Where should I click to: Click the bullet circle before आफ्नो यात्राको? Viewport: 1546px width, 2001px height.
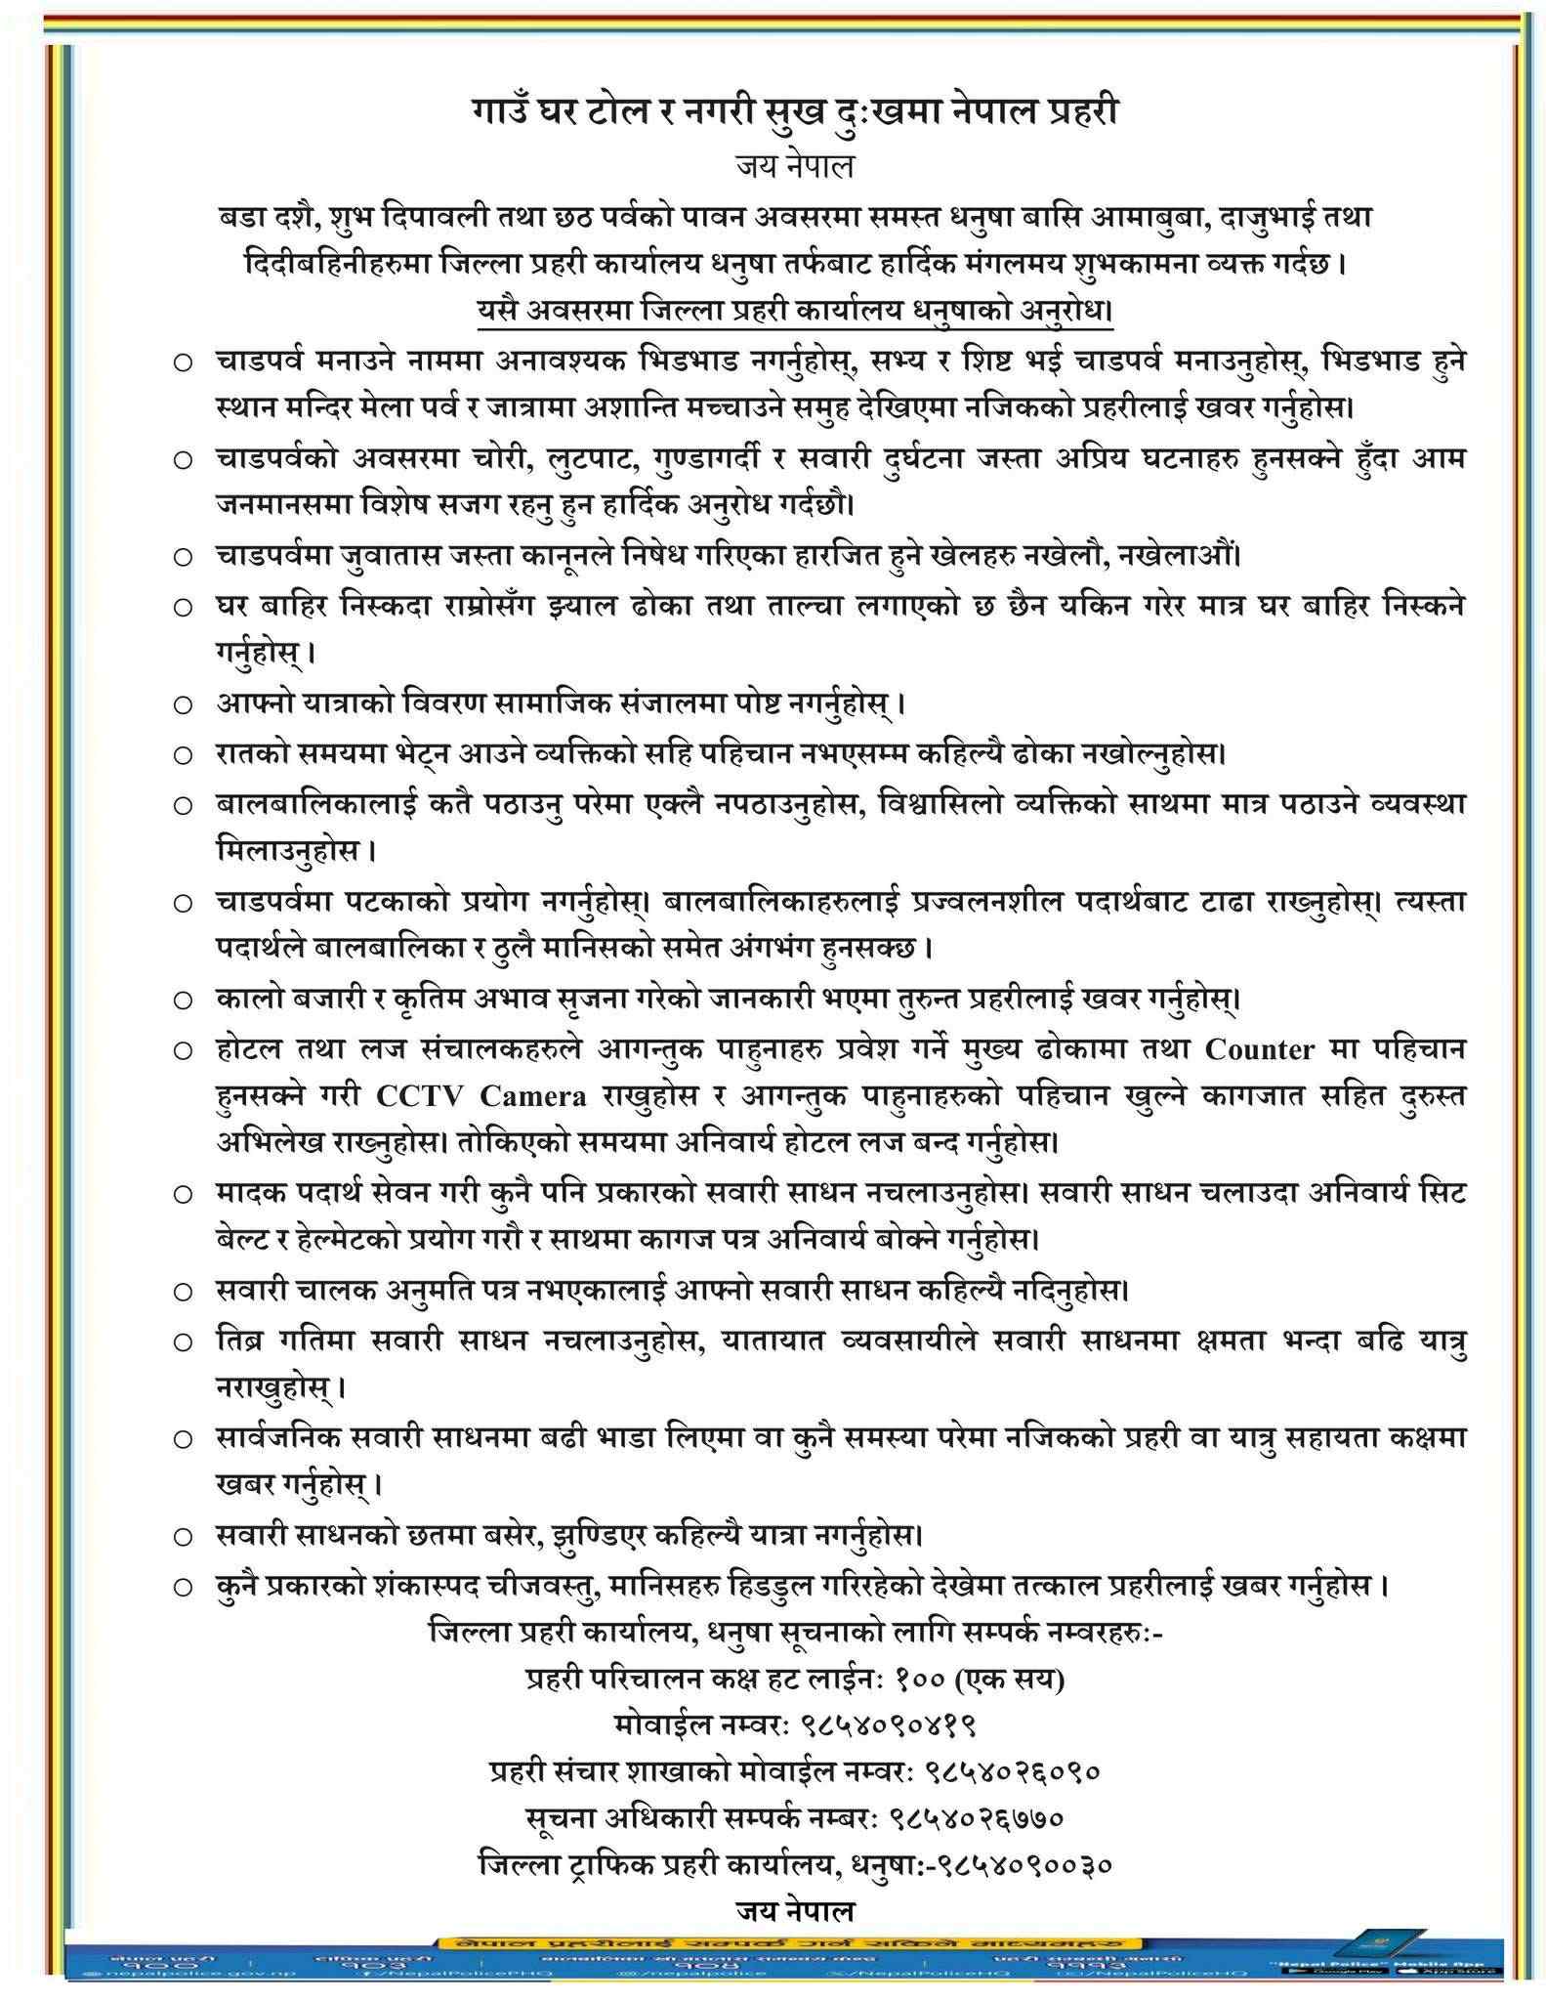(183, 703)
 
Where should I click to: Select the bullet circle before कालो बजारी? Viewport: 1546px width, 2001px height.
(183, 1000)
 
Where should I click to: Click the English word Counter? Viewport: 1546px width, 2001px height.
(1259, 1049)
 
